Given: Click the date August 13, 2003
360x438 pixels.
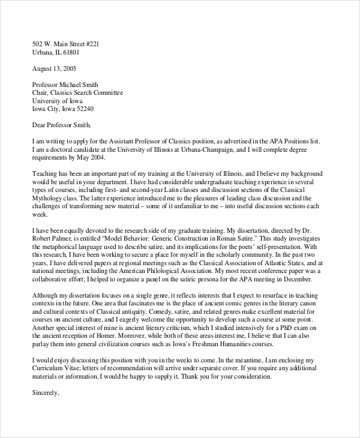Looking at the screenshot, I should tap(54, 68).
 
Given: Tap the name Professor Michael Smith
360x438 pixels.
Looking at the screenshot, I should tap(65, 85).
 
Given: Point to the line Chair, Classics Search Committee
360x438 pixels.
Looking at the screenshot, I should tap(77, 93).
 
